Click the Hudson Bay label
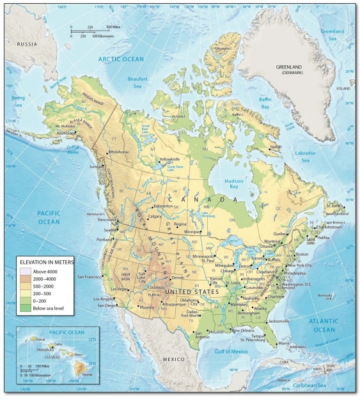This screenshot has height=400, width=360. tap(233, 185)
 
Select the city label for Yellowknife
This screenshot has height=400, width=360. tap(172, 158)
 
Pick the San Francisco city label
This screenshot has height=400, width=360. tap(90, 277)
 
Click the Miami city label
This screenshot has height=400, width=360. tap(283, 343)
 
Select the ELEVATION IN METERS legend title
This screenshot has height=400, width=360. tap(47, 262)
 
